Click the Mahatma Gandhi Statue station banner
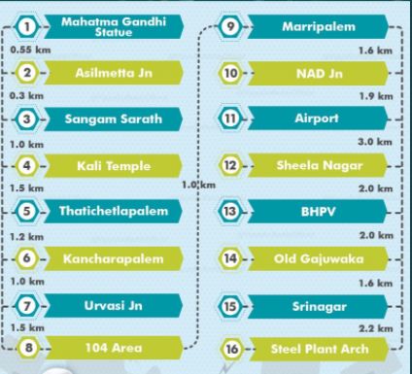(114, 26)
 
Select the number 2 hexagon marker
(27, 73)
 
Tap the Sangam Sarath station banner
(113, 119)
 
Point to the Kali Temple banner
(113, 166)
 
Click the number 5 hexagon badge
(27, 211)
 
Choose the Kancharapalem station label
(114, 258)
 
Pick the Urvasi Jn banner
(113, 305)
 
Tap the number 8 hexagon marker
(28, 348)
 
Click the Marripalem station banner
(318, 26)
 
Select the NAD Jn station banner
(318, 74)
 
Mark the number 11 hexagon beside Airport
(230, 119)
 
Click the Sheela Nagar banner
(318, 165)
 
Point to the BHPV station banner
(318, 212)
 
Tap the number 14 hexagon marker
(230, 258)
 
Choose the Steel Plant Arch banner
(319, 349)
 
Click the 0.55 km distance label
(30, 50)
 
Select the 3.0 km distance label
(375, 142)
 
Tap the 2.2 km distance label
(376, 328)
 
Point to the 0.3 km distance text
(26, 96)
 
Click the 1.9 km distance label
(376, 96)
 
